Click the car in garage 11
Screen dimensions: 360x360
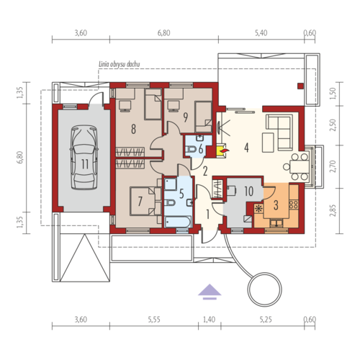coord(84,157)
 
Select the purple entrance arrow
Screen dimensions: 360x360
coord(210,292)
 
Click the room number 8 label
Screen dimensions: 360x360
coord(133,129)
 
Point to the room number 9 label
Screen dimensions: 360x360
coord(185,117)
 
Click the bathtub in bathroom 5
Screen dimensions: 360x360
coord(178,221)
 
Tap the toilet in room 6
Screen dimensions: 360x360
coord(192,149)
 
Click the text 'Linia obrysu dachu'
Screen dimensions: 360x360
coord(120,64)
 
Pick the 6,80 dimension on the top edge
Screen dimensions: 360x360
coord(164,33)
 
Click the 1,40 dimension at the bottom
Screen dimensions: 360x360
coord(209,320)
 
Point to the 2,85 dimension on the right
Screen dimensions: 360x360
coord(333,210)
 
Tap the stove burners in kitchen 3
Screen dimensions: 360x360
coord(294,204)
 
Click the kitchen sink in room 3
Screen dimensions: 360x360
coord(276,223)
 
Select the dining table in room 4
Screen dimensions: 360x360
coord(300,166)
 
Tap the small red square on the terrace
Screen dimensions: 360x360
coord(300,86)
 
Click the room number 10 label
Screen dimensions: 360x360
coord(249,192)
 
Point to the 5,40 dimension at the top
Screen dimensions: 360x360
coord(261,33)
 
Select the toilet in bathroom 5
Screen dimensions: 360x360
coord(170,203)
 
